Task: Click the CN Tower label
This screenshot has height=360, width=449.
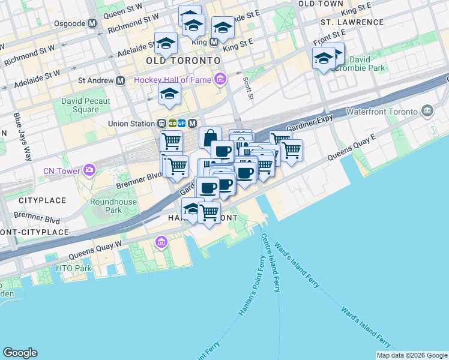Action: (x=62, y=171)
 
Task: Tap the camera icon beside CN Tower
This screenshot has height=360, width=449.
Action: (x=89, y=170)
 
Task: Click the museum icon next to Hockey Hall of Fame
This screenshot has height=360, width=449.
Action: (x=220, y=79)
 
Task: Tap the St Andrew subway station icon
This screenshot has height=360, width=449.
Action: (x=121, y=80)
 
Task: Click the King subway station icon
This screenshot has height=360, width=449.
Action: (x=214, y=42)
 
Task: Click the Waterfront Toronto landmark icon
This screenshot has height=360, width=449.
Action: (x=427, y=111)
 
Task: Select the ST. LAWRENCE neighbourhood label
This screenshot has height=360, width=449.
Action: (x=352, y=22)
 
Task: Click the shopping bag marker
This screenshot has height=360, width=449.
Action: (x=210, y=138)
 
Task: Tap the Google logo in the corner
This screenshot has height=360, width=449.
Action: (x=20, y=353)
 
